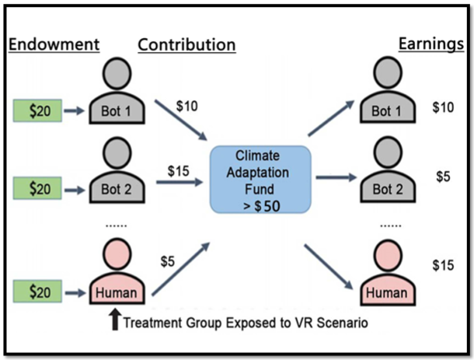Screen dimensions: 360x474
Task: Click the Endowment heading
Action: (54, 44)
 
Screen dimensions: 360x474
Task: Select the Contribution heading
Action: (186, 44)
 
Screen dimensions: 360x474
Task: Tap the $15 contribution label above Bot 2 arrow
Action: (179, 170)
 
